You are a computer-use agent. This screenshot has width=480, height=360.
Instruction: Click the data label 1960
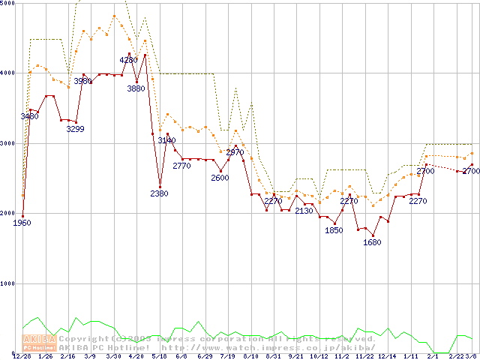click(22, 223)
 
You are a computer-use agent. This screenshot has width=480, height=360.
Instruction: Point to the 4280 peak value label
click(128, 60)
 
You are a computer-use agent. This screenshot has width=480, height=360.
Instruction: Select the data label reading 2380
click(159, 193)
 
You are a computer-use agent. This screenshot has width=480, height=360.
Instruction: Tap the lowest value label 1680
click(372, 242)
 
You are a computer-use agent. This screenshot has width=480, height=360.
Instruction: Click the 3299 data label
click(76, 129)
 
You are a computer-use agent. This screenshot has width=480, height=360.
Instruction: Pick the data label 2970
click(235, 152)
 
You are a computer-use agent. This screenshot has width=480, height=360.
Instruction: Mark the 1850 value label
click(334, 230)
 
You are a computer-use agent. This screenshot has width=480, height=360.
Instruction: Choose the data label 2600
click(220, 178)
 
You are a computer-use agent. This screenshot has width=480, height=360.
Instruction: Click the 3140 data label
click(167, 140)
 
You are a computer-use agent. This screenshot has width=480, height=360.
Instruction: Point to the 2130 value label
click(304, 211)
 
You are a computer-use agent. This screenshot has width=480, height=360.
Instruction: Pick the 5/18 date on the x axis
click(159, 357)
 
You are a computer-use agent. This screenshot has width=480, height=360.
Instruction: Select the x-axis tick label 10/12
click(319, 357)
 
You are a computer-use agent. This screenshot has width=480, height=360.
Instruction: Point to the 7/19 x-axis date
click(227, 357)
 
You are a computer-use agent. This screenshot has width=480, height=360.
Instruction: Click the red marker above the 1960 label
click(22, 216)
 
